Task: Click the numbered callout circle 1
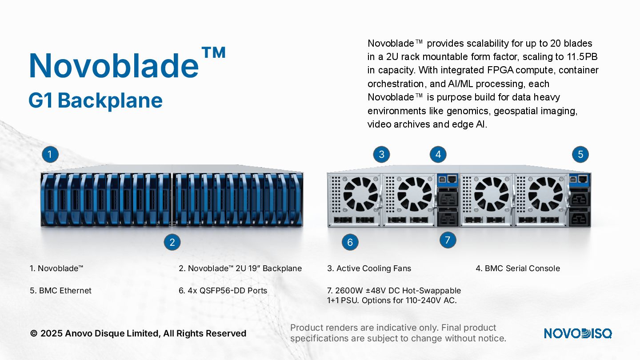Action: click(x=50, y=154)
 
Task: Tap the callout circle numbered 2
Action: click(x=172, y=242)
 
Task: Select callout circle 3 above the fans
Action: click(x=381, y=154)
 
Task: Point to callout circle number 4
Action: click(x=438, y=154)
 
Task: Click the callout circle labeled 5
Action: click(x=580, y=154)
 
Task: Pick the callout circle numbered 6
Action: click(x=350, y=242)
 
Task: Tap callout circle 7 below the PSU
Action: click(x=448, y=240)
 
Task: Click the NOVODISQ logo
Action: click(x=578, y=333)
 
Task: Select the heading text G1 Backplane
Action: click(x=96, y=100)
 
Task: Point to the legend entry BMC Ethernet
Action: click(x=65, y=291)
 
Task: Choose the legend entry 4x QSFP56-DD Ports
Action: click(x=228, y=291)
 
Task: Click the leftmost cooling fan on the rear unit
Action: click(x=360, y=194)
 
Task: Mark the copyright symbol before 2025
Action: click(x=34, y=334)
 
